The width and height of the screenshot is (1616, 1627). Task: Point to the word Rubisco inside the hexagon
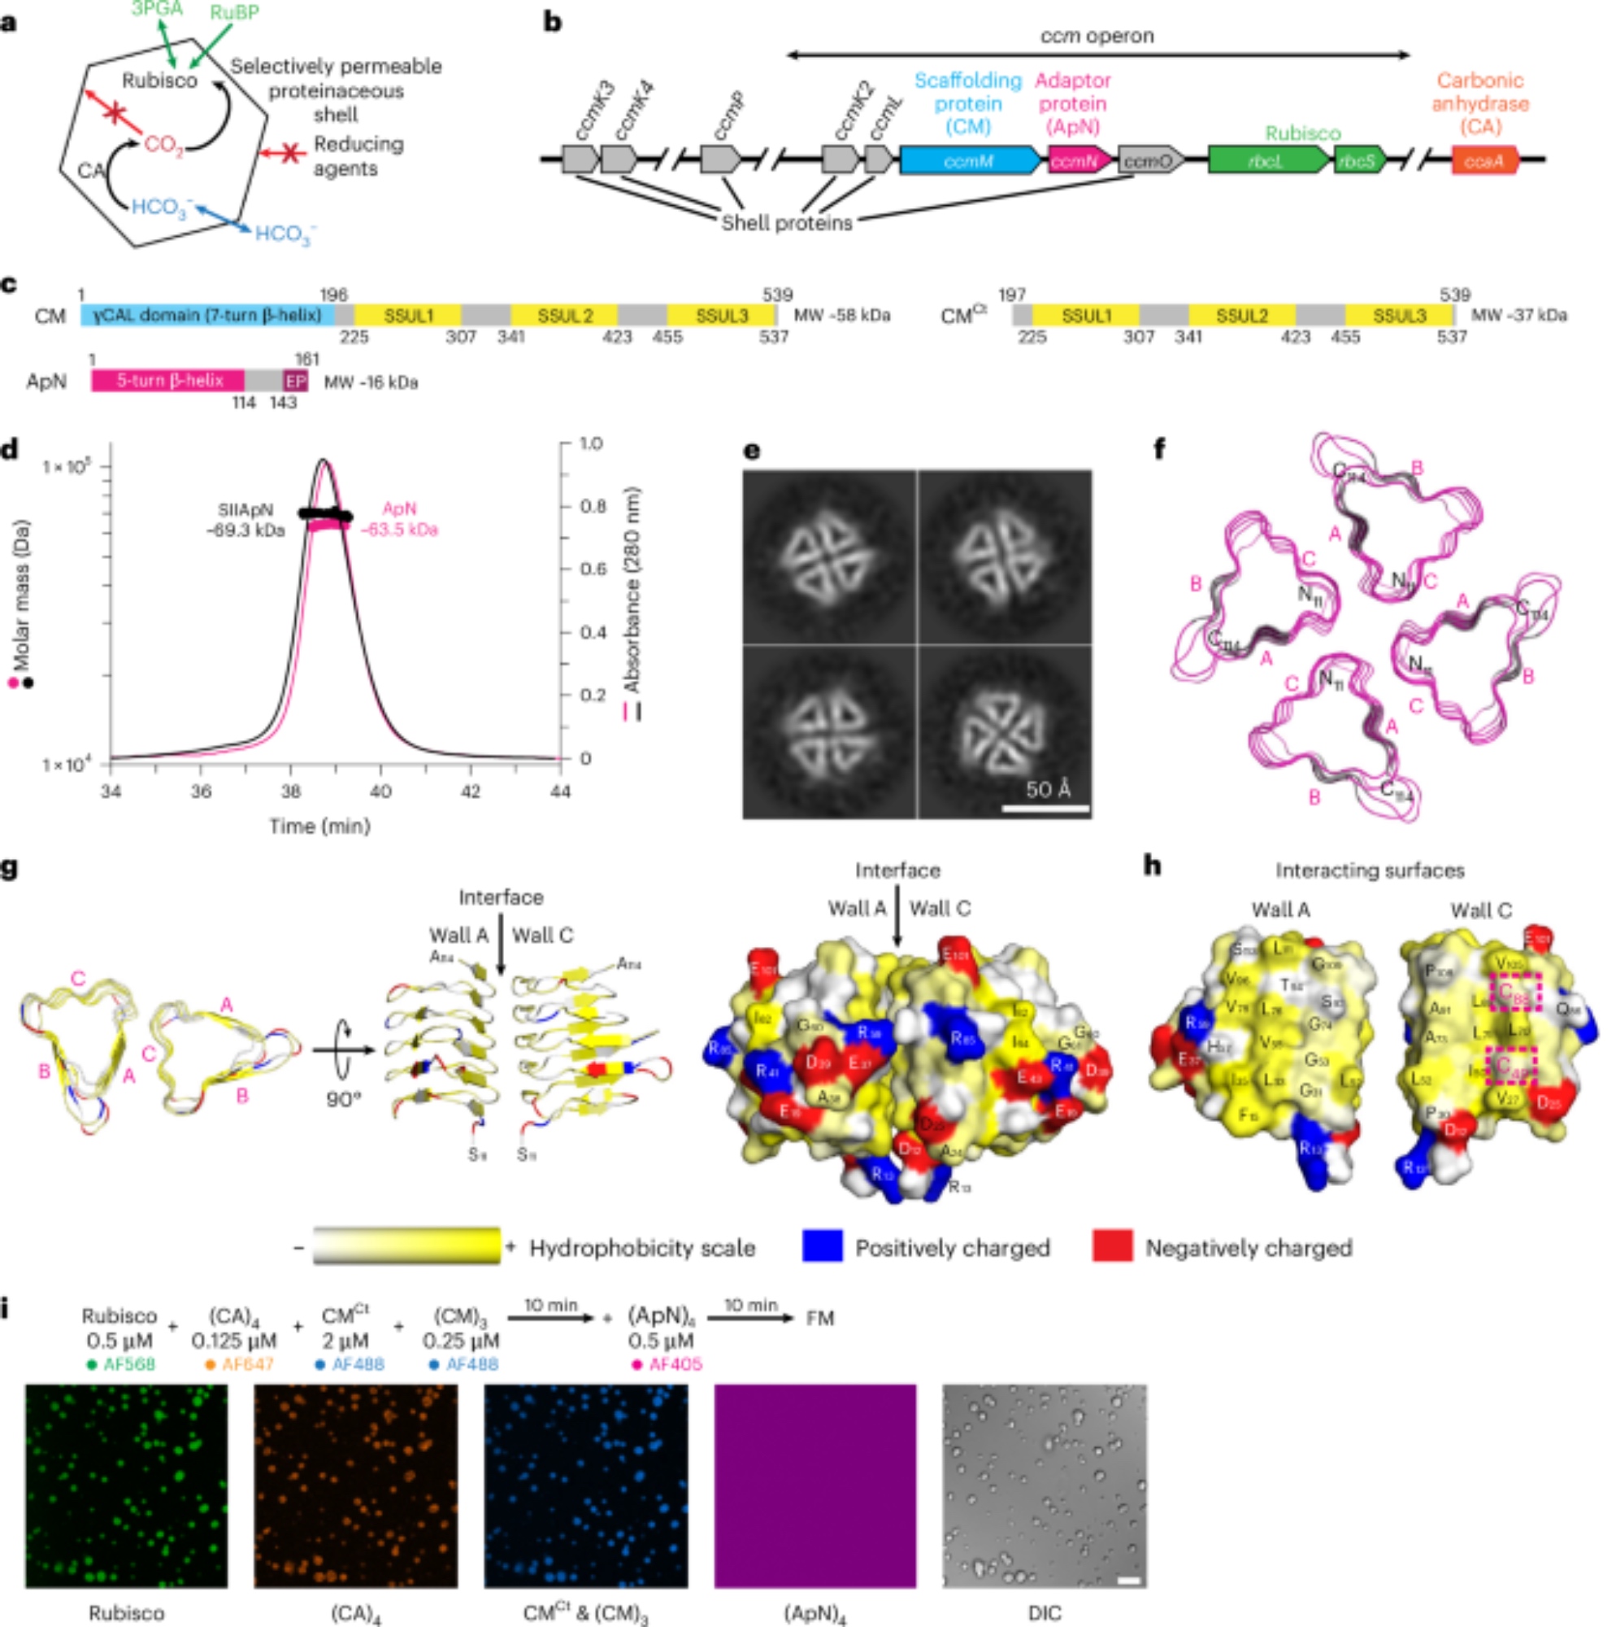point(159,81)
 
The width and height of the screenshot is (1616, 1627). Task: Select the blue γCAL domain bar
point(207,315)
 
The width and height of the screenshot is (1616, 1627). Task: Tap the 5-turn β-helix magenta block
point(167,381)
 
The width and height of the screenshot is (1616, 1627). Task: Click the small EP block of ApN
point(295,381)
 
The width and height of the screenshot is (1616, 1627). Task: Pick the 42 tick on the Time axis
point(471,792)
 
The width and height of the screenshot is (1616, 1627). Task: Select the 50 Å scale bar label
point(1048,789)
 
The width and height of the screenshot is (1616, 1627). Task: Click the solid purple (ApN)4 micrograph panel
point(815,1486)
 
